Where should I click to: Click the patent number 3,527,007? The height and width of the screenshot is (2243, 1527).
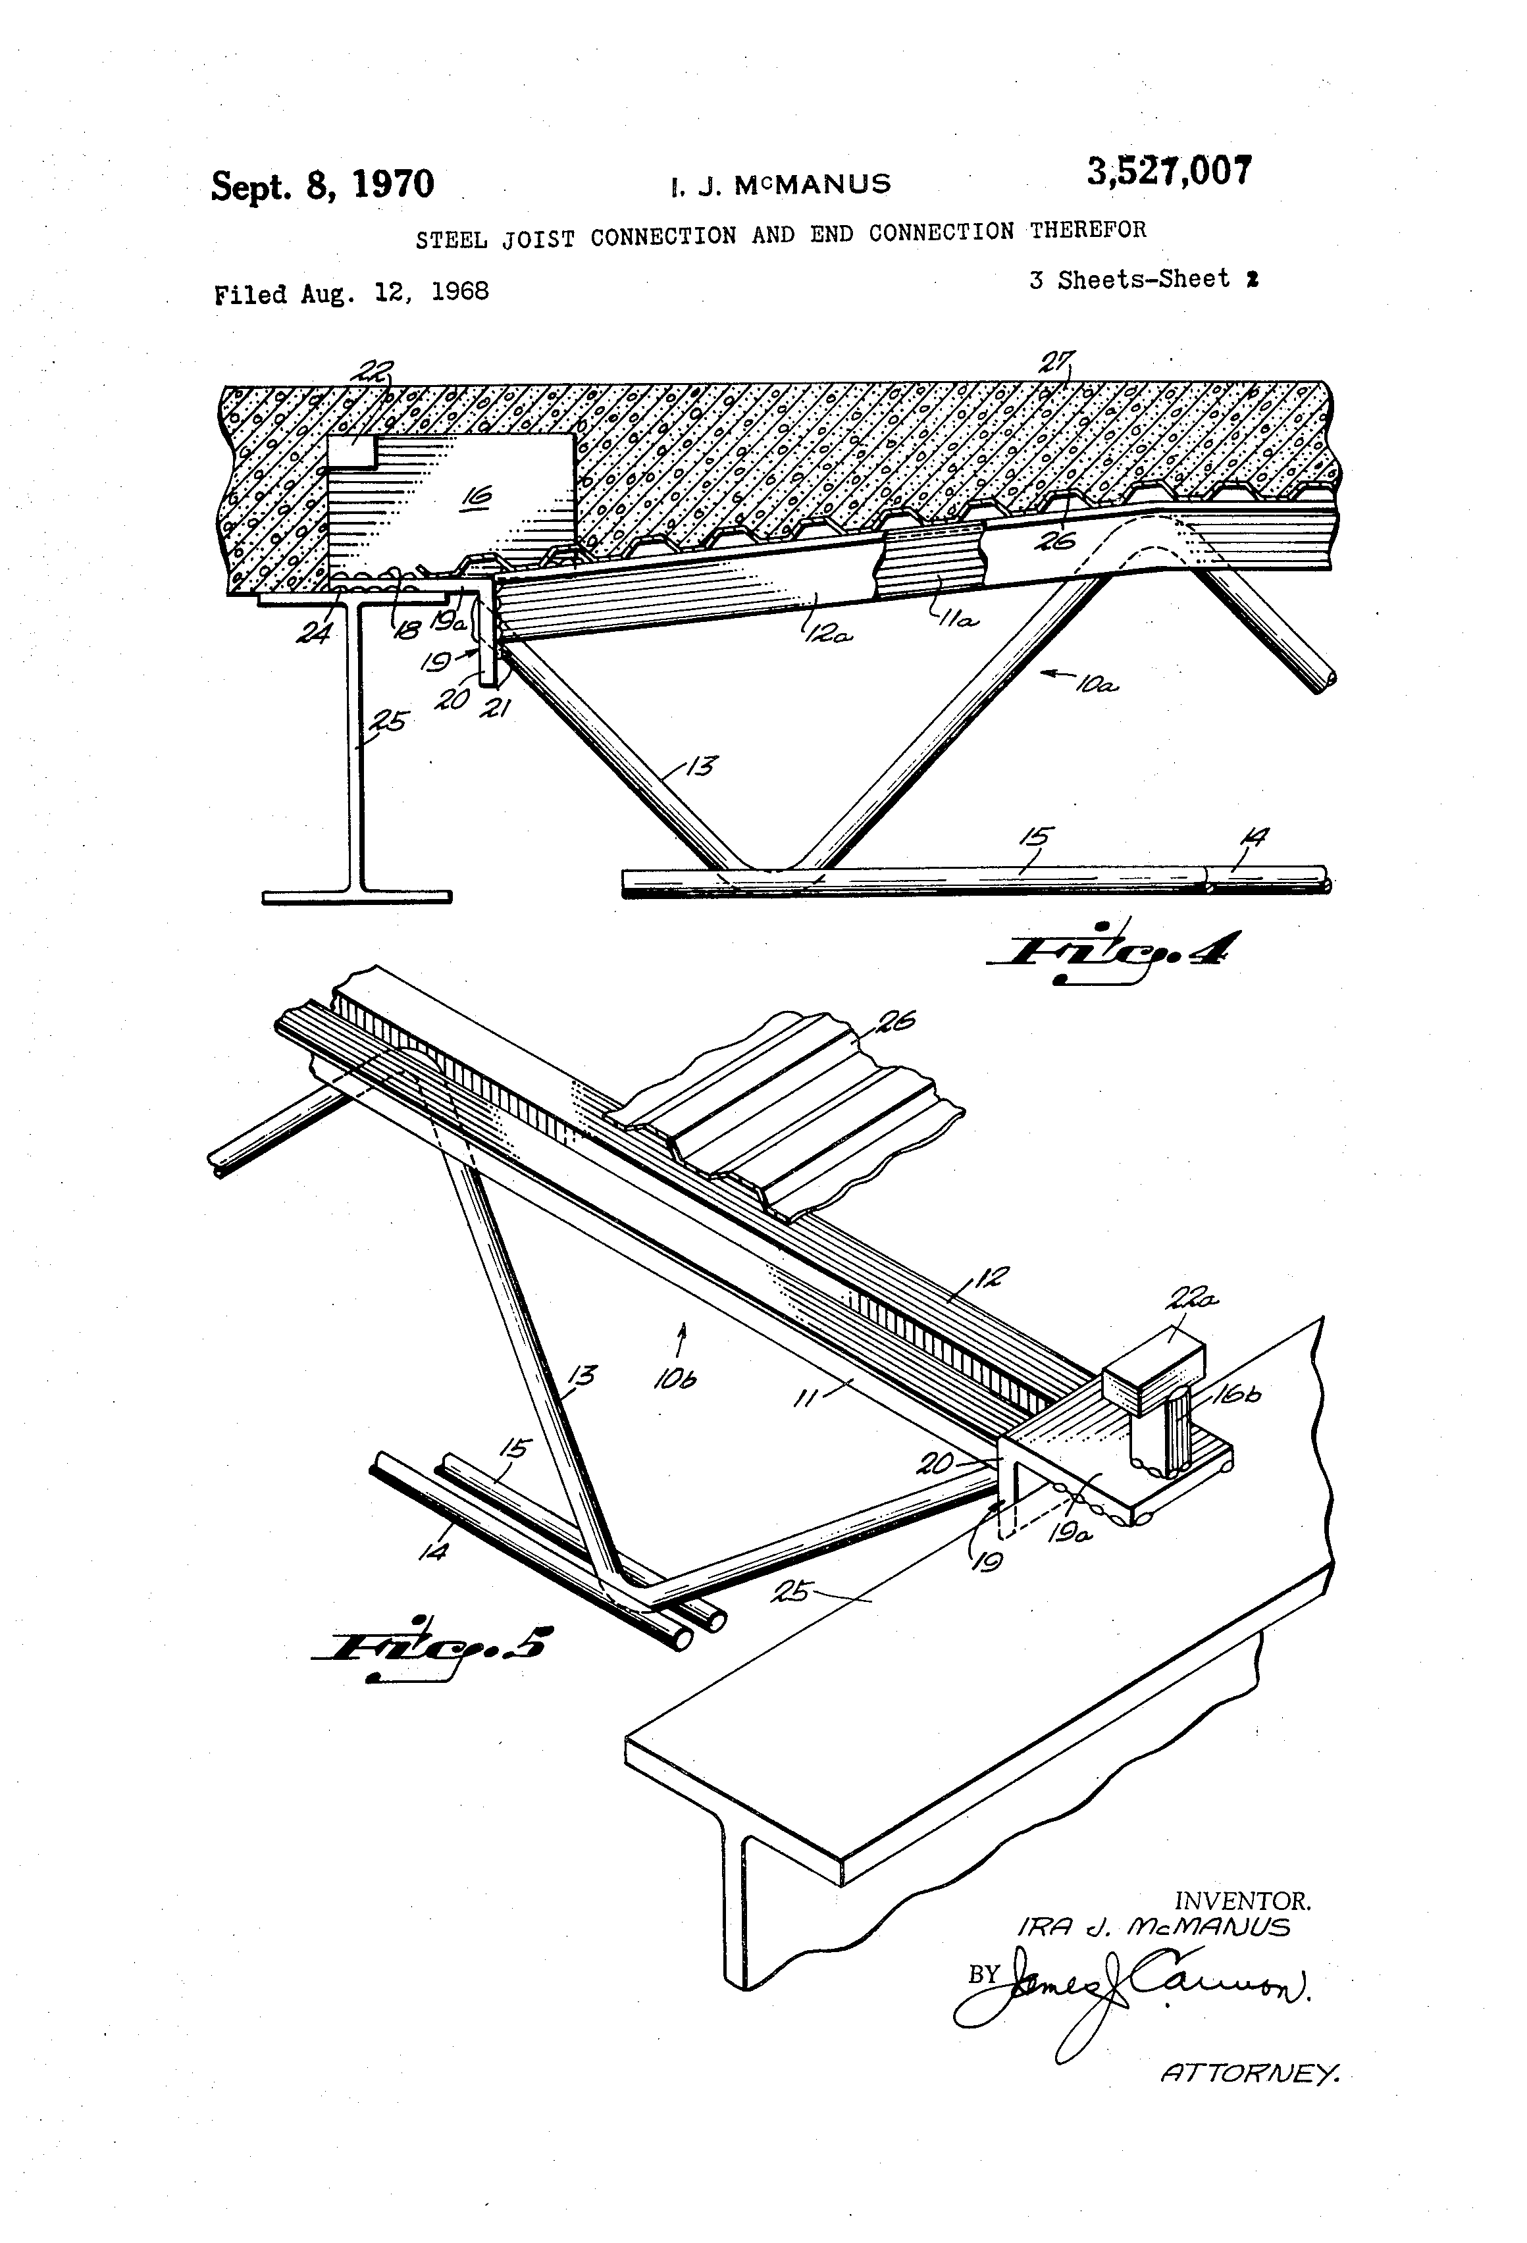(1169, 172)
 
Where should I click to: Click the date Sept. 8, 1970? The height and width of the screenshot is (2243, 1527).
(323, 184)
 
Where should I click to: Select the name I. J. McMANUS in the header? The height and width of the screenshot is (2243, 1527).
(780, 184)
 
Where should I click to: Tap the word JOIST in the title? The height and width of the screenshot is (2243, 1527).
(536, 238)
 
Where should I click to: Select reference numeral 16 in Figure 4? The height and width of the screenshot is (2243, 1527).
(476, 497)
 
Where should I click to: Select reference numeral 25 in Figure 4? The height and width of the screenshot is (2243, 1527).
(390, 721)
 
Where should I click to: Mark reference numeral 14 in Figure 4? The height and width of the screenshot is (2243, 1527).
(1255, 837)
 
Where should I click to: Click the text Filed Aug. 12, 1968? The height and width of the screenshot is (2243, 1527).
(351, 292)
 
